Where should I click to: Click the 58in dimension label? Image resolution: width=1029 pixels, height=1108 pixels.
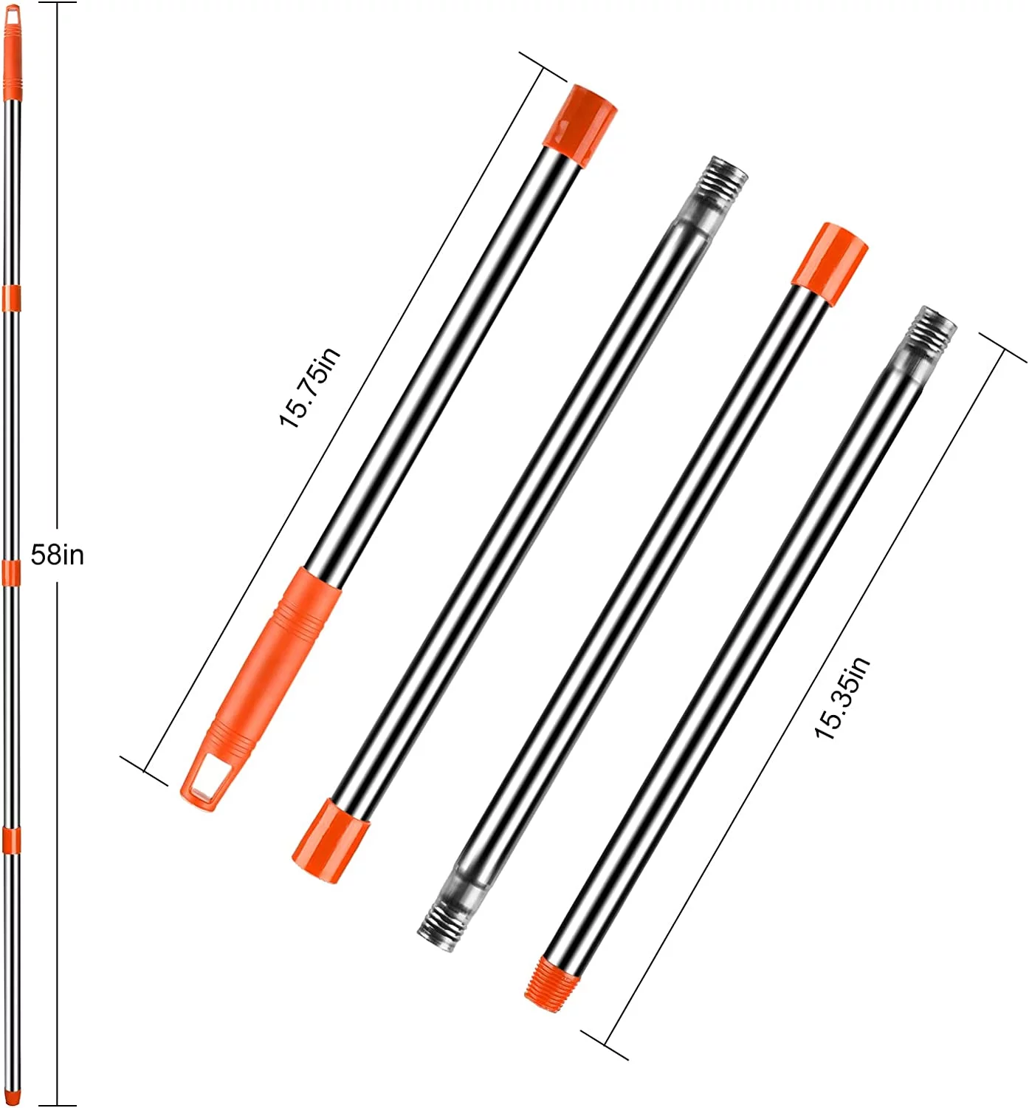57,554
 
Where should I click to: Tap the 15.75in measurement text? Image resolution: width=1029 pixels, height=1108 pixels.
309,387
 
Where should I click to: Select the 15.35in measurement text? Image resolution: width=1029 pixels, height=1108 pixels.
842,697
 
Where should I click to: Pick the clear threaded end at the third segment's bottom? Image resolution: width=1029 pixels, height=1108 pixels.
447,916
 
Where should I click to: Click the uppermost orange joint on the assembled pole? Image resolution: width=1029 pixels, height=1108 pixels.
11,297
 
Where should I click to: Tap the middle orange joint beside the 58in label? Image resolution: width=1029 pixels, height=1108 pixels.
11,572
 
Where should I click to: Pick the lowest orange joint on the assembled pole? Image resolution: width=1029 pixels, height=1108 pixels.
11,841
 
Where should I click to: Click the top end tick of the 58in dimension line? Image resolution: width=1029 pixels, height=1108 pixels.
57,3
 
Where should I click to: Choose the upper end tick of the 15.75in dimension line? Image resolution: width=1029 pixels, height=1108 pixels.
543,66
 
